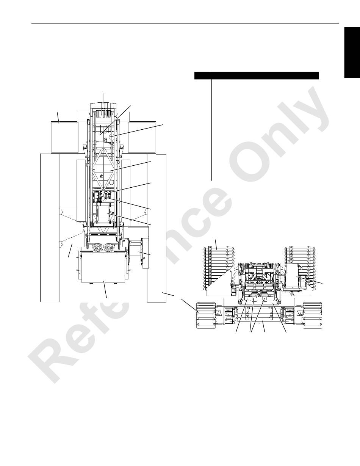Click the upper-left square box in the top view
[64, 138]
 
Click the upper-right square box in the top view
[142, 138]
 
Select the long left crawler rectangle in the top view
[50, 228]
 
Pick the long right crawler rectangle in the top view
[157, 228]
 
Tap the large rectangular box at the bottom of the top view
[103, 267]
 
